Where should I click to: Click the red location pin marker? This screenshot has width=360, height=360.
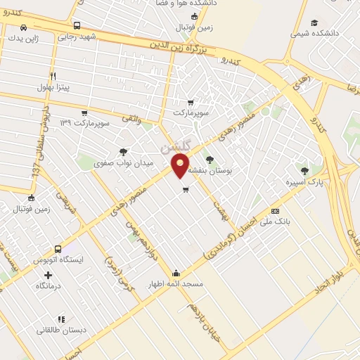click(x=181, y=165)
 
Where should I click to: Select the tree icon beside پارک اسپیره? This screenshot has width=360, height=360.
click(x=304, y=171)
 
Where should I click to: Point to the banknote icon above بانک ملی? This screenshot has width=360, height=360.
click(x=275, y=211)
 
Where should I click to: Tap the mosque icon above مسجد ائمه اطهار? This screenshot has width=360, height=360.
click(x=175, y=273)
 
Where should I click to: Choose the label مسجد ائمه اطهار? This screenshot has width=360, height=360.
click(x=175, y=284)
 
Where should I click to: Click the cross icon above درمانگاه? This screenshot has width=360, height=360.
click(x=48, y=275)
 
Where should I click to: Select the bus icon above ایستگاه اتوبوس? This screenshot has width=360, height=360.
click(x=58, y=248)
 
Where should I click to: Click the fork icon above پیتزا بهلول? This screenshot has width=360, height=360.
click(x=53, y=77)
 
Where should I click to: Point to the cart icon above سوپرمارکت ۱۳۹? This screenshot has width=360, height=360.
click(x=84, y=112)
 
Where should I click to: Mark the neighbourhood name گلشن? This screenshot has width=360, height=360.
click(x=174, y=147)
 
